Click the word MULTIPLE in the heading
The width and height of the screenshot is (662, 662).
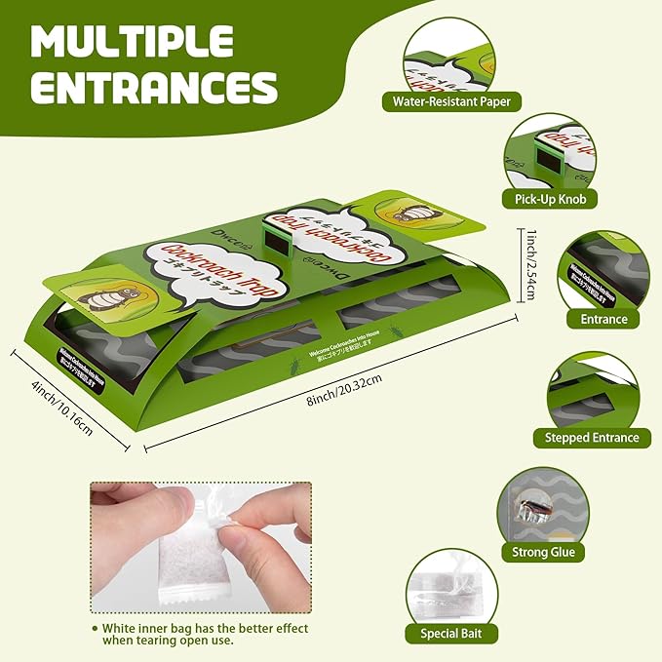tap(133, 42)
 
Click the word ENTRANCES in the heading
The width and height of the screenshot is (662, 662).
tap(155, 88)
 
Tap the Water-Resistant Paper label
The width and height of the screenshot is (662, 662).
tap(450, 100)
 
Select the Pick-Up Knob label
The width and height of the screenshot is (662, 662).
tap(549, 199)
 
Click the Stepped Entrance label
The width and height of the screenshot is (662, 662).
tap(592, 438)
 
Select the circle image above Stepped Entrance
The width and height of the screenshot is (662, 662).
tap(591, 392)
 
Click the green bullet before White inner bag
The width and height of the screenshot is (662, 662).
tap(95, 630)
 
